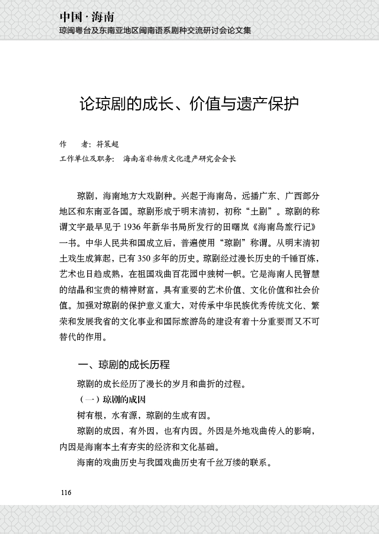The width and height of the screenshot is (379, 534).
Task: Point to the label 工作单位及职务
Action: (x=87, y=159)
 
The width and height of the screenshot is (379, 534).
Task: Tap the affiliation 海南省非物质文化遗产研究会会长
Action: (x=179, y=159)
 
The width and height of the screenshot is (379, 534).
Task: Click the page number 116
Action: (x=66, y=492)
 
